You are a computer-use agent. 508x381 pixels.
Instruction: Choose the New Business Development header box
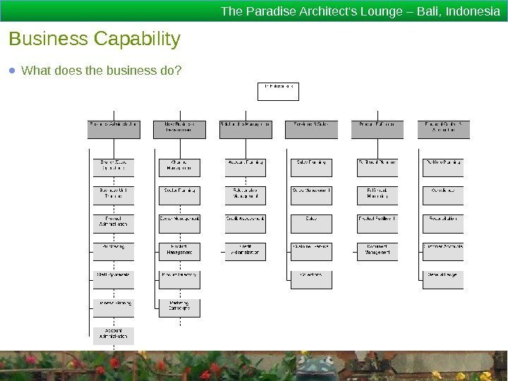(x=179, y=128)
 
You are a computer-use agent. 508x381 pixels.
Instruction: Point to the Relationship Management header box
(x=246, y=125)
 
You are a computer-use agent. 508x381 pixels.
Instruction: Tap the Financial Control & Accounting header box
(x=443, y=128)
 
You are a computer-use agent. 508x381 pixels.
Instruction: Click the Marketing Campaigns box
(x=179, y=308)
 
